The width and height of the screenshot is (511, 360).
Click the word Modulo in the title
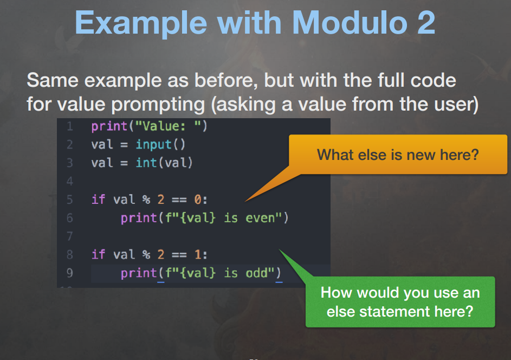coord(350,23)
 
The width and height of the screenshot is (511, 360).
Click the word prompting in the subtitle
coord(158,105)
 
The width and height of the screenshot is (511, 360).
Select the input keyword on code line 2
coord(153,144)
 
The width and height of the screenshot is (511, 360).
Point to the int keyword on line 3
coord(146,163)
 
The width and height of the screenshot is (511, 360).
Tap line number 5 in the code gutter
coord(70,199)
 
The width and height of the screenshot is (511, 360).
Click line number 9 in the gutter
coord(70,273)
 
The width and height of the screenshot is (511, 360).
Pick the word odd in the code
coord(256,273)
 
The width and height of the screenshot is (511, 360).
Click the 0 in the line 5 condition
coord(197,199)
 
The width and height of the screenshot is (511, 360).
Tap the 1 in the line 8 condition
coord(197,254)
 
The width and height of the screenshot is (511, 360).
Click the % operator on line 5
coord(146,199)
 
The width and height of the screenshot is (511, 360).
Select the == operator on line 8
coord(179,255)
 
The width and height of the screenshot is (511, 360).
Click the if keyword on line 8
coord(98,254)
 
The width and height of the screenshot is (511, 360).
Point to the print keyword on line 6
coord(139,218)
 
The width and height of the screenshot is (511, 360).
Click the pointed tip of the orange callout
coord(245,201)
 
